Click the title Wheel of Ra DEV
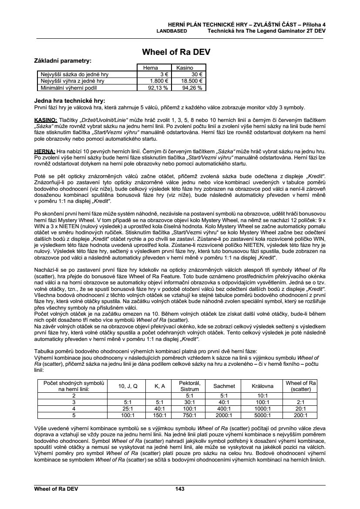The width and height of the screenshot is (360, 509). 176,52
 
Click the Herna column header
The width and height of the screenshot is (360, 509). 150,68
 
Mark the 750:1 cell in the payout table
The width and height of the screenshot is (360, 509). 189,415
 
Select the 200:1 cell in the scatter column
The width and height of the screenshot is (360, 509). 300,415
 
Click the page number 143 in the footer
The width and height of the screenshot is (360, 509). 180,489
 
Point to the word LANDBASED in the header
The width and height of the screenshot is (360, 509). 172,31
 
